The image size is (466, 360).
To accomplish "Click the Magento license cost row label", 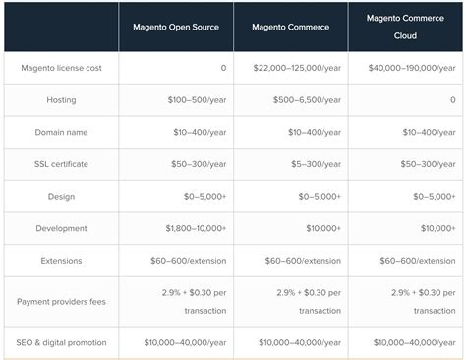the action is click(x=62, y=68).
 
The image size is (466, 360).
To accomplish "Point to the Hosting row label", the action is click(x=61, y=100).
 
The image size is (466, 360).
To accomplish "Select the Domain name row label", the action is click(x=61, y=132).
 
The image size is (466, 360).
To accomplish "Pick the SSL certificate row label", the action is click(x=61, y=164).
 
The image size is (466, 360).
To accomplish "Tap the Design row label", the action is click(x=61, y=196).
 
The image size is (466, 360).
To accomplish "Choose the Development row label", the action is click(x=61, y=228).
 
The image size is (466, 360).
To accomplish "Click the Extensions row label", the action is click(x=61, y=261).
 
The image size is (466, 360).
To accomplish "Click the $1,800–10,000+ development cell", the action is click(x=194, y=228).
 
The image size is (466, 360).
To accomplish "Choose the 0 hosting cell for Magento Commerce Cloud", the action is click(x=451, y=100).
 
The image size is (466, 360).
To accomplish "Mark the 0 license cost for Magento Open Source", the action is click(x=223, y=68).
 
